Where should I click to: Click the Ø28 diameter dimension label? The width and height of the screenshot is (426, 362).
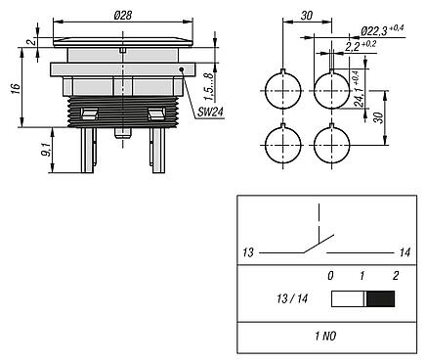coord(123,16)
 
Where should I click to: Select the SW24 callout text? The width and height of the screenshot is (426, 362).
coord(210,113)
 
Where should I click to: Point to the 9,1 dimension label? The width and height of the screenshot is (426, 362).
coord(46,150)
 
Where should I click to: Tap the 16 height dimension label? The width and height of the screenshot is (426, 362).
coord(16,89)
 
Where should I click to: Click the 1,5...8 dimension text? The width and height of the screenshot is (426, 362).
coord(210,87)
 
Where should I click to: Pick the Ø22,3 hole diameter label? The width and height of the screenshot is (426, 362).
coord(382,30)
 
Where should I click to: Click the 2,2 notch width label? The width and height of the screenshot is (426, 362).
coord(361,46)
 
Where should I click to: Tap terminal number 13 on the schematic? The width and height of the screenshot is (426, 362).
coord(248,252)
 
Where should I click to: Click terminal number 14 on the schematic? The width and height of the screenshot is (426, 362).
coord(405,252)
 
